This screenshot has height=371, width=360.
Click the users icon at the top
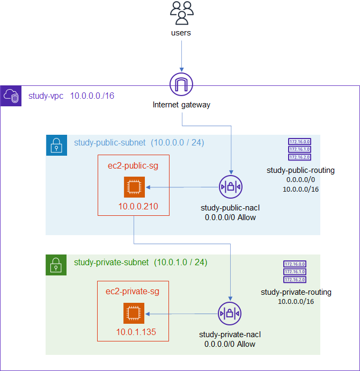(181, 13)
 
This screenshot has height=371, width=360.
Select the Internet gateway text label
(181, 105)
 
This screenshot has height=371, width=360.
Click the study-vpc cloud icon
(11, 96)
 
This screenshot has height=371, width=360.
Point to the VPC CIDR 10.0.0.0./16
(92, 96)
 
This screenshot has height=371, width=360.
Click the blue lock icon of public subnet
(56, 146)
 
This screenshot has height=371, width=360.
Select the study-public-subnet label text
(109, 143)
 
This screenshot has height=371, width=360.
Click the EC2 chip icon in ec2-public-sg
(133, 187)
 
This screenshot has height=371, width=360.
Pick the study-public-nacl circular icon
(231, 187)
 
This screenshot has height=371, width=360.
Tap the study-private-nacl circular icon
(230, 314)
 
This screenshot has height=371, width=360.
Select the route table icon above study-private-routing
(295, 272)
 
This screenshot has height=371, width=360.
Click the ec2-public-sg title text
(133, 166)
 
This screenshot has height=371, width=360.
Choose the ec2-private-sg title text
(133, 292)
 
